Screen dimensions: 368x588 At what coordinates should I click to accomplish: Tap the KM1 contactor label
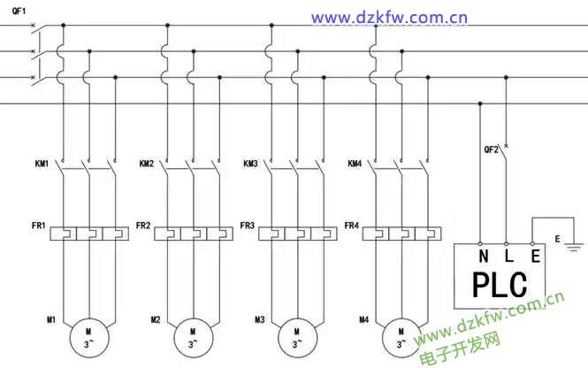pos(42,165)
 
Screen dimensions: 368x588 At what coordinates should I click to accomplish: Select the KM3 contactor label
pos(251,165)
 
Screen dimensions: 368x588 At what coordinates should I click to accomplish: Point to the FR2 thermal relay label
pos(144,226)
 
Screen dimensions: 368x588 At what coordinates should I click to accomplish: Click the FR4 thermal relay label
pos(352,226)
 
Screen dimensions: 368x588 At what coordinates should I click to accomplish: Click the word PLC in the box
pos(500,285)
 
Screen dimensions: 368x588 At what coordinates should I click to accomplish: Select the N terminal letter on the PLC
pos(483,257)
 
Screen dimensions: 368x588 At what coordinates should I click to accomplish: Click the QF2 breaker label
pos(492,149)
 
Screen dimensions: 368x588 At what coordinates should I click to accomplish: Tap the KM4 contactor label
pos(355,165)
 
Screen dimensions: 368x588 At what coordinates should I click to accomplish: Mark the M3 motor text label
pos(260,319)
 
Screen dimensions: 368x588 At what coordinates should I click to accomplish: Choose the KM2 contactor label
pos(147,165)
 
